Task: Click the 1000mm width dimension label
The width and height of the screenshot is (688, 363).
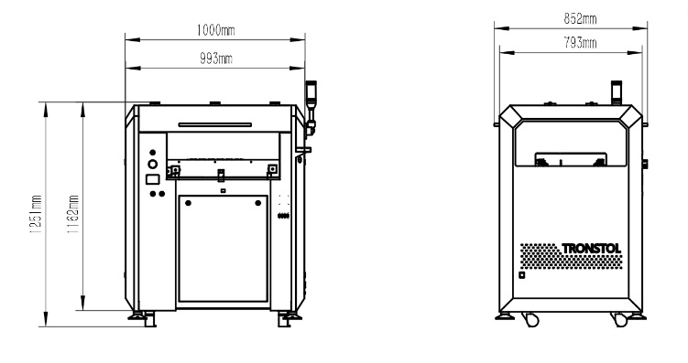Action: tap(216, 30)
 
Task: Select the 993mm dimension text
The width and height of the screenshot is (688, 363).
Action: tap(216, 59)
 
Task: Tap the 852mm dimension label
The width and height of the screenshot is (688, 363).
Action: tap(580, 19)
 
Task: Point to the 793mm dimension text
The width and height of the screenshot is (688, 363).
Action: tap(580, 43)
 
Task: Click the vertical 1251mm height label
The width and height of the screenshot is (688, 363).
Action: tap(36, 214)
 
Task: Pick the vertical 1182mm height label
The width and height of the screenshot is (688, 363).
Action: tap(73, 214)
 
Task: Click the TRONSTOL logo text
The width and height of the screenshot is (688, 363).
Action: tap(592, 249)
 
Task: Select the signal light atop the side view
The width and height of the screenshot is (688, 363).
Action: tap(617, 92)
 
